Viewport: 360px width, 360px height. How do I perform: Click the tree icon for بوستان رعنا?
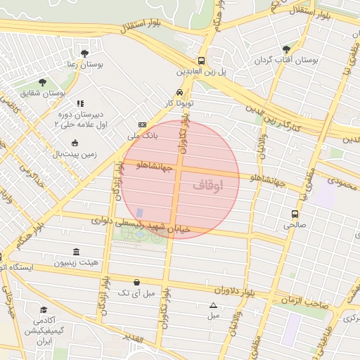click(85, 53)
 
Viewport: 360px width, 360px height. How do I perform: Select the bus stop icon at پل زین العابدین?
click(202, 60)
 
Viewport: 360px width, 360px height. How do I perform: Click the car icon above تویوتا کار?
click(180, 92)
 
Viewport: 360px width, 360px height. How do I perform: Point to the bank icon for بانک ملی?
click(143, 124)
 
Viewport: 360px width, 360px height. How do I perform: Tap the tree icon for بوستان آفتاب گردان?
click(286, 49)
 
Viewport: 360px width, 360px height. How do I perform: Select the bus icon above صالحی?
click(295, 214)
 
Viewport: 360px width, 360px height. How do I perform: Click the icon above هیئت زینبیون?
click(76, 252)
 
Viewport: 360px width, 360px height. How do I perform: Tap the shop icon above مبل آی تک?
click(136, 282)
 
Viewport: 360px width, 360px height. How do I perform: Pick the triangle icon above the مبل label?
click(213, 305)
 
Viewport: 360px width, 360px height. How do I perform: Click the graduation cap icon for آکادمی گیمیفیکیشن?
click(43, 310)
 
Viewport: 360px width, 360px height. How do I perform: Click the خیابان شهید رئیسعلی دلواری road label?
click(134, 224)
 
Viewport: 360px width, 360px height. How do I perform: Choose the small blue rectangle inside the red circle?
click(139, 212)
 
